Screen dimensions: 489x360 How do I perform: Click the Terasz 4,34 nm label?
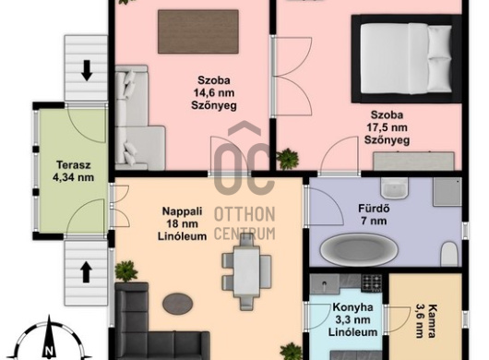[73, 171]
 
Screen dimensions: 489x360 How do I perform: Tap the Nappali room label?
[182, 211]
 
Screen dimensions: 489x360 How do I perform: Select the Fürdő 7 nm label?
[374, 214]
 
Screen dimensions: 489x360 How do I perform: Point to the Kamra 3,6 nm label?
[425, 321]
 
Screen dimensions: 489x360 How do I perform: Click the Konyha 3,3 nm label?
[352, 319]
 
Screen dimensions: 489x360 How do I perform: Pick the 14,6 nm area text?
[214, 92]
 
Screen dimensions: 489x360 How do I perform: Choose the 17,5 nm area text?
[387, 127]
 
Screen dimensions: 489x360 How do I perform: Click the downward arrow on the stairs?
[87, 70]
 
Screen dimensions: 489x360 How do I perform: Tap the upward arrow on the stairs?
[87, 272]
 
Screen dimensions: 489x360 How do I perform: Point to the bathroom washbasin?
[395, 188]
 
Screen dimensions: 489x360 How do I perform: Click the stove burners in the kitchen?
[372, 282]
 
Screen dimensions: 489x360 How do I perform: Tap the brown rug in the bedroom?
[198, 31]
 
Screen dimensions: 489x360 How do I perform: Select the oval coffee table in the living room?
[178, 304]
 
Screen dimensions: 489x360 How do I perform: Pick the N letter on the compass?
[48, 351]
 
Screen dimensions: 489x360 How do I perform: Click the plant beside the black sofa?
[126, 271]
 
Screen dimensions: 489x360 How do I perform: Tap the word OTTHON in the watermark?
[244, 214]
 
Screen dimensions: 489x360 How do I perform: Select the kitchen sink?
[325, 284]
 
